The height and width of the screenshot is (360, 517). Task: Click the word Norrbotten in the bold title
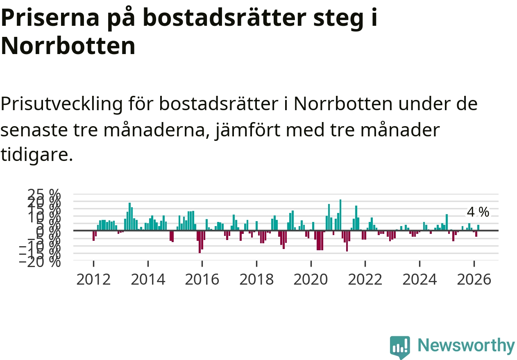pyautogui.click(x=68, y=46)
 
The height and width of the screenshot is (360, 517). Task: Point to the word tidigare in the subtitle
pyautogui.click(x=36, y=155)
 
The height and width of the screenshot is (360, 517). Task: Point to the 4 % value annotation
pyautogui.click(x=478, y=212)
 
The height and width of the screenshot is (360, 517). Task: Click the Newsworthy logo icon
pyautogui.click(x=399, y=347)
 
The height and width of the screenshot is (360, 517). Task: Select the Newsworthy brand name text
pyautogui.click(x=466, y=346)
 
